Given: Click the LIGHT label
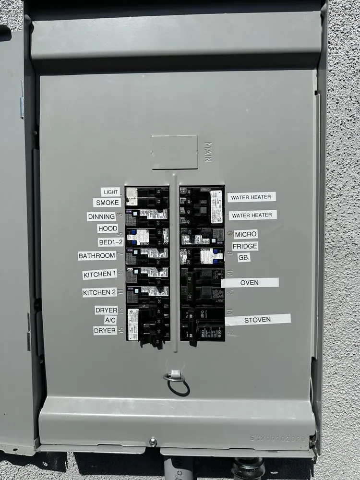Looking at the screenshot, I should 110,192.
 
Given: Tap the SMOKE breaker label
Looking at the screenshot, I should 107,203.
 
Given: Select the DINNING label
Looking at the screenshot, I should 101,216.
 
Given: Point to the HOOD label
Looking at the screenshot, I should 107,228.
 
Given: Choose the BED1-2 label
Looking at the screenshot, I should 110,242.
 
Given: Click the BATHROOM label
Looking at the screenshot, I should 97,256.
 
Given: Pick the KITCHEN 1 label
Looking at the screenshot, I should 100,275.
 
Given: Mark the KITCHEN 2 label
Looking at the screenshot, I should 99,292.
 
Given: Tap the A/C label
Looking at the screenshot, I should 110,320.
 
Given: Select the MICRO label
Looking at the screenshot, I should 246,234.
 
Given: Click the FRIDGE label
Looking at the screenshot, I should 245,246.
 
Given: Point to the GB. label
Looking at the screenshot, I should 244,258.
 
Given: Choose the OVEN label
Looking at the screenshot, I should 250,283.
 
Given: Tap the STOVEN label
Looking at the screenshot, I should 258,320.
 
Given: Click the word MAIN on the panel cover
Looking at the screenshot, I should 208,152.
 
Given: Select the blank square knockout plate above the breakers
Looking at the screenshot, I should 175,152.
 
